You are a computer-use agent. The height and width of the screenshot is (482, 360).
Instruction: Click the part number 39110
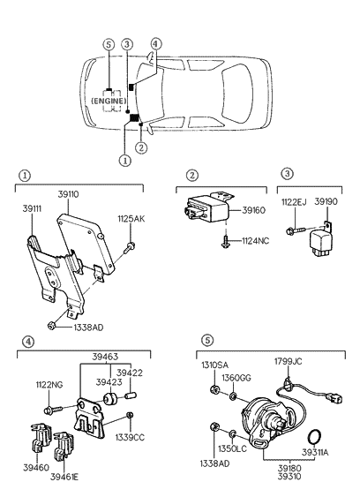68,194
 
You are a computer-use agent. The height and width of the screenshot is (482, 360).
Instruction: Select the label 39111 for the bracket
32,208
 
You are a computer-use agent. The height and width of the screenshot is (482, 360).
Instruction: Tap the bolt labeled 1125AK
130,247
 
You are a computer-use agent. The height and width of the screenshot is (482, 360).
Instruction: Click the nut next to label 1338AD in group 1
51,325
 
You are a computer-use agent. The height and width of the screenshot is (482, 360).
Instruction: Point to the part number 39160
254,210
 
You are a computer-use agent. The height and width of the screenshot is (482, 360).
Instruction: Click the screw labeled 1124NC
225,242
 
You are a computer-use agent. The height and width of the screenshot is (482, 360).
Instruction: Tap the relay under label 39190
321,241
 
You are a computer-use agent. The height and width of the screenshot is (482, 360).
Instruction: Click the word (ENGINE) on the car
109,101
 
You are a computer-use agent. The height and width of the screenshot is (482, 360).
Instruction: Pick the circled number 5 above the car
109,44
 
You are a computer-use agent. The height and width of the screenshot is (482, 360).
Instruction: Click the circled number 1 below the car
125,160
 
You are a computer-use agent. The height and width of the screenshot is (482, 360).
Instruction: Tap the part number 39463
105,357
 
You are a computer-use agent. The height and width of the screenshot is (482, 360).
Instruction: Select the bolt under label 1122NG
53,410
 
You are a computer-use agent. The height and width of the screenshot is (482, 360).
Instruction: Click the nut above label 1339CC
130,415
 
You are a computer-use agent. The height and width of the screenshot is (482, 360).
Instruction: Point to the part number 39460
36,468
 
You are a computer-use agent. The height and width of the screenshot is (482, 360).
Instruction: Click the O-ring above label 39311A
314,437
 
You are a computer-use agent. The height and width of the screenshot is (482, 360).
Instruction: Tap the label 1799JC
289,362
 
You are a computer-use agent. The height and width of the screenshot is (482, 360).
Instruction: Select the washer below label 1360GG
233,395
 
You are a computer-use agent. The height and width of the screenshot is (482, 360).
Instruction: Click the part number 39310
289,477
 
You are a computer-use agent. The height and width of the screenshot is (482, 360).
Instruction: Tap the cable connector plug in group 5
335,399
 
